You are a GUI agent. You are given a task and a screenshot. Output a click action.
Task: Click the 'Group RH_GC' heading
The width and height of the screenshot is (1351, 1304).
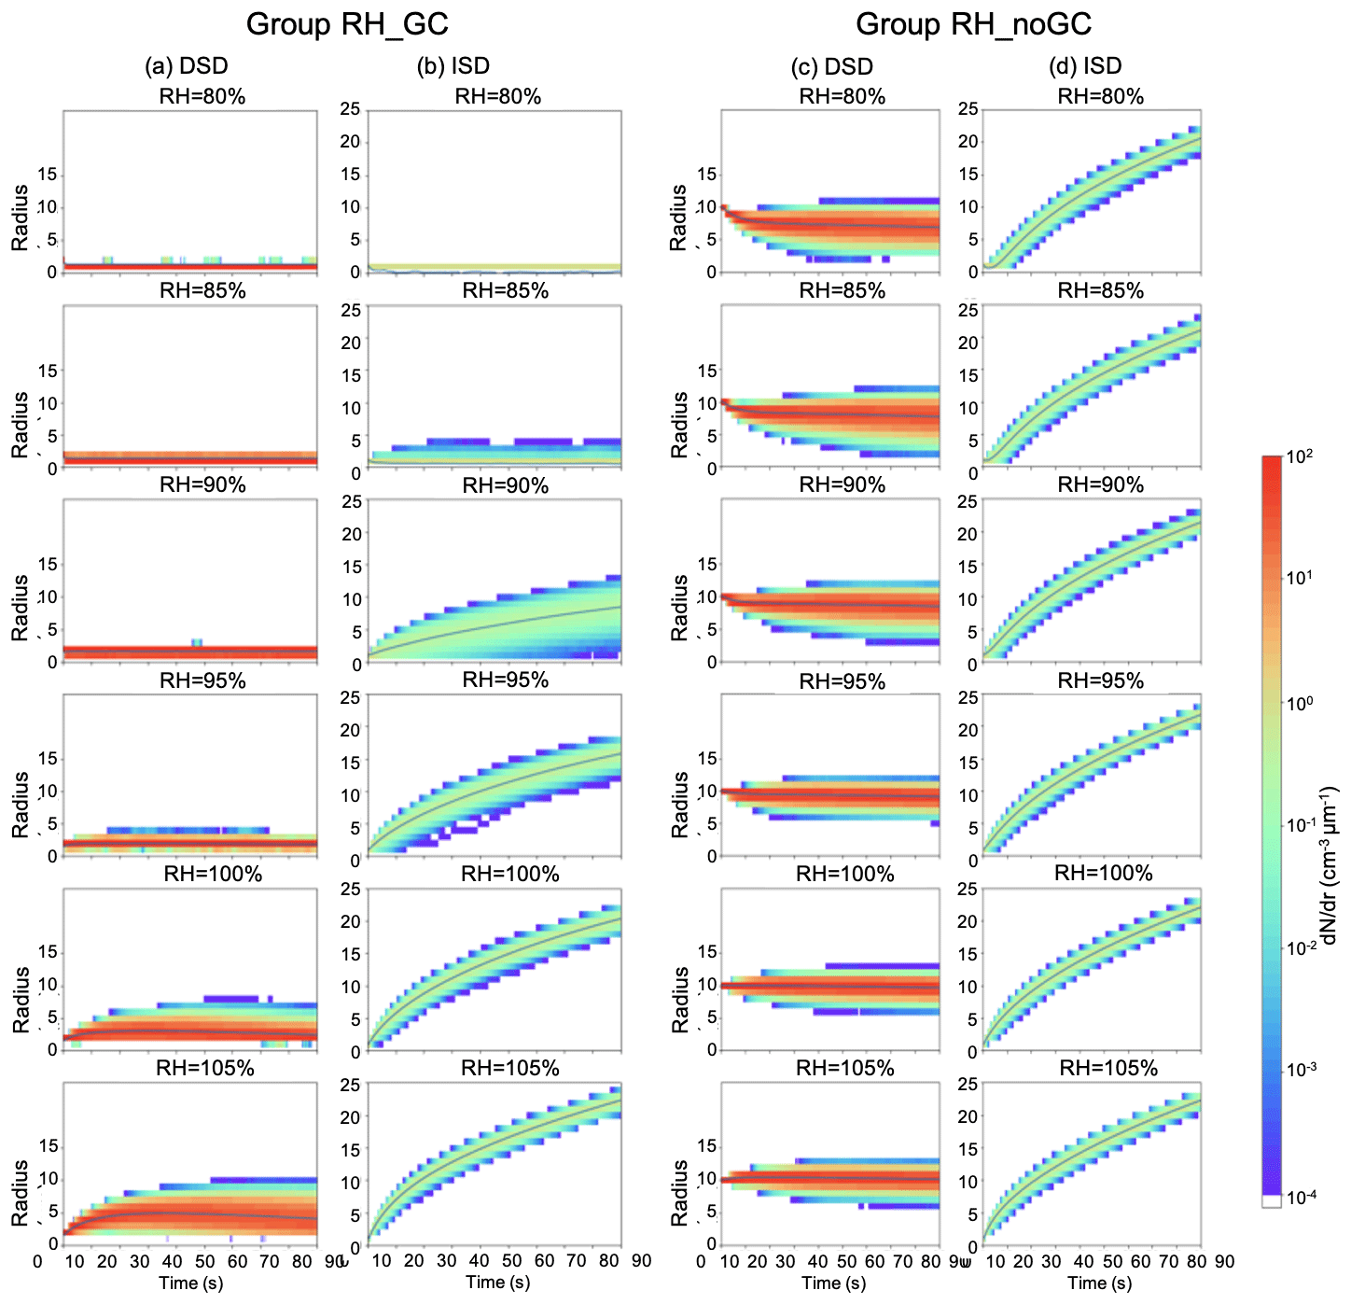(x=347, y=23)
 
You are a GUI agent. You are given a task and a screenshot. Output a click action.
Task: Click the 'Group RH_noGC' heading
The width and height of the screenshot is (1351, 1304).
(x=973, y=23)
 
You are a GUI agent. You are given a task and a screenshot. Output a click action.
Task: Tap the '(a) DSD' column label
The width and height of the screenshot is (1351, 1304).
(x=187, y=66)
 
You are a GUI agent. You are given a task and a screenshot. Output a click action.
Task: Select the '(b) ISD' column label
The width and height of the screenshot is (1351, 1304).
(x=454, y=66)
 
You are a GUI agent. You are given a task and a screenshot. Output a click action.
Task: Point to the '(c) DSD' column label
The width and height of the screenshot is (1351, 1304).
(x=831, y=67)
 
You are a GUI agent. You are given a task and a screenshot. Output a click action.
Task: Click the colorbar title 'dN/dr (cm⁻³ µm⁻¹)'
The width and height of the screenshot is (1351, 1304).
(x=1330, y=864)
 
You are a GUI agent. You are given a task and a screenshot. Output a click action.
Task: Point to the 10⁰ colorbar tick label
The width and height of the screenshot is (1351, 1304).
(x=1300, y=702)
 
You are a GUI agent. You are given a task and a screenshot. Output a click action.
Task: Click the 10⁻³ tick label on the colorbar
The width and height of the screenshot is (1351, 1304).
(x=1301, y=1069)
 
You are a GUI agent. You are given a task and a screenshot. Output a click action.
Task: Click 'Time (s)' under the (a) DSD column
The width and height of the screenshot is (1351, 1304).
(x=190, y=1283)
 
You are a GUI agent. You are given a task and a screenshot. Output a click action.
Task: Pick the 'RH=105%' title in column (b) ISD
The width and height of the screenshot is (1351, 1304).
(x=510, y=1068)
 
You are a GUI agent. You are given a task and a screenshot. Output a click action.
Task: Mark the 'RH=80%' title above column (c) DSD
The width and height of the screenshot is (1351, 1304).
(x=843, y=96)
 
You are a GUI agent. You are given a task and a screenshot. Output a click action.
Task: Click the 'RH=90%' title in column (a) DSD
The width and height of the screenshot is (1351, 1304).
(x=202, y=485)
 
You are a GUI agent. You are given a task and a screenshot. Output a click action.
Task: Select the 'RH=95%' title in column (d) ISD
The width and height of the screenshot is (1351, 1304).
(x=1101, y=680)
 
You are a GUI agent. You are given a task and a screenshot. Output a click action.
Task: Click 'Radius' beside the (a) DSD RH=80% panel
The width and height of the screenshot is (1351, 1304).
(x=21, y=217)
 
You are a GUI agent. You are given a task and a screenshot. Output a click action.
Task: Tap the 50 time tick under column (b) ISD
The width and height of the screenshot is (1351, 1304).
(x=511, y=1261)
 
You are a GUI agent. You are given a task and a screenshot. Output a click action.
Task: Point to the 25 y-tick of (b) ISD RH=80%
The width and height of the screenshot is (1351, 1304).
(x=350, y=109)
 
